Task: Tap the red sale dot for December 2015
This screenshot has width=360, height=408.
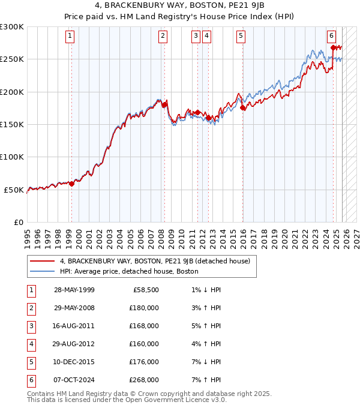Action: point(243,108)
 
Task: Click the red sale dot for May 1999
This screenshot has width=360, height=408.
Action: point(71,184)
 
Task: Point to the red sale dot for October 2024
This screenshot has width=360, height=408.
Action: point(333,47)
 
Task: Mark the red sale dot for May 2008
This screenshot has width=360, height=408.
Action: point(164,105)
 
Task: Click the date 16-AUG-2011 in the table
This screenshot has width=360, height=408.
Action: point(74,326)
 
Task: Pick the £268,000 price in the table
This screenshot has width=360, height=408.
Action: point(144,380)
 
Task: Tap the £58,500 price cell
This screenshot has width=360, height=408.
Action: point(146,290)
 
